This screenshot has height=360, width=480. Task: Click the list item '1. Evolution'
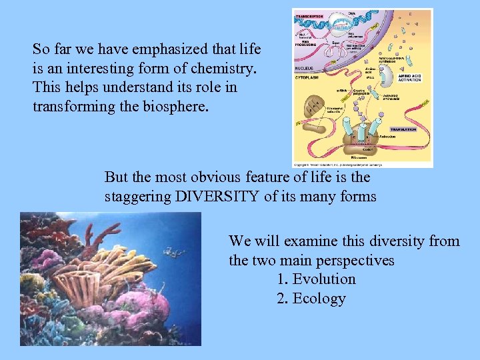pos(315,279)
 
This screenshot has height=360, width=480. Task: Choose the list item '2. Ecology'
pos(311,299)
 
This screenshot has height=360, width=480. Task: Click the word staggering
pos(135,197)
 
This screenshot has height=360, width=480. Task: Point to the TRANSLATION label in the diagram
pos(403,130)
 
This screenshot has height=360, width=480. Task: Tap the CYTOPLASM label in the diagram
pos(308,79)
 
